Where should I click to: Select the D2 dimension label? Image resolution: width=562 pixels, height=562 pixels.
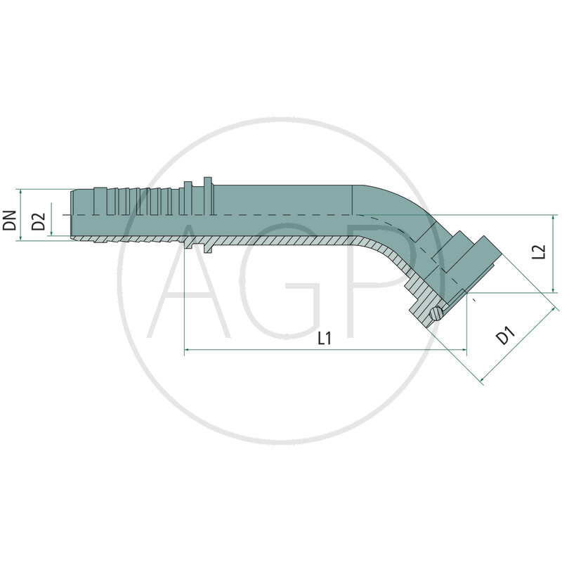(x=40, y=222)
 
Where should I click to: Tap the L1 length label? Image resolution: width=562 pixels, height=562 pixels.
(x=324, y=339)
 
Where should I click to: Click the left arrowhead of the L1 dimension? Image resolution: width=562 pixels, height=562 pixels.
(x=187, y=349)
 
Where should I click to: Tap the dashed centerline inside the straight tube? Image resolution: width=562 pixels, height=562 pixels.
(x=281, y=214)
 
